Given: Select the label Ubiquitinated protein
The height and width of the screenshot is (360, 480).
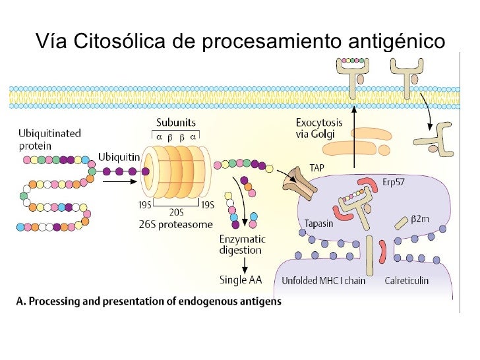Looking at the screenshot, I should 49,138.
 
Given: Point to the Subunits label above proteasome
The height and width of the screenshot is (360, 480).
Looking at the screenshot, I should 175,123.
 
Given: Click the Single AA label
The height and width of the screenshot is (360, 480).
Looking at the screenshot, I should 241,280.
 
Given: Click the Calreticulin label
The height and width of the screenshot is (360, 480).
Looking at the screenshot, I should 407,280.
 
